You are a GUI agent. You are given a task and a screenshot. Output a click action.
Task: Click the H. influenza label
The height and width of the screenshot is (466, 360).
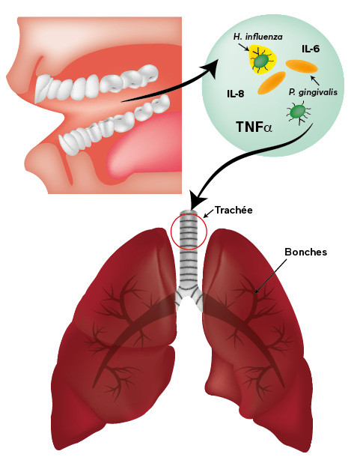coord(257,37)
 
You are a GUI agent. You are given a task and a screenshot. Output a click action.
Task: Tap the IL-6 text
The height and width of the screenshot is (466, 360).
coord(311,49)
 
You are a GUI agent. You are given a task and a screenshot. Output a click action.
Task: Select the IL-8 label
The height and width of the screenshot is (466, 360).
coord(235,94)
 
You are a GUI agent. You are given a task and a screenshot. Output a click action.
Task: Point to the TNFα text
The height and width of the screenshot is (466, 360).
coord(254,127)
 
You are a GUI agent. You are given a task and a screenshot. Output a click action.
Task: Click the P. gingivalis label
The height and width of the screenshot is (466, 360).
coord(313,92)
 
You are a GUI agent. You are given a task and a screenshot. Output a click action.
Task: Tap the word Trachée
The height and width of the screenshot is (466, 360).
coord(234,210)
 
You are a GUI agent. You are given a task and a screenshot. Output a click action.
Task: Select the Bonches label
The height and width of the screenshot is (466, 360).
coord(305,252)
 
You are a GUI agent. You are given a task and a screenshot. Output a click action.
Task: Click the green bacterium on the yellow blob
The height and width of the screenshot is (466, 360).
coord(261,61)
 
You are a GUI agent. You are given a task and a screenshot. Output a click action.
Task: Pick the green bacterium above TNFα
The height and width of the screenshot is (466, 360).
coord(299,112)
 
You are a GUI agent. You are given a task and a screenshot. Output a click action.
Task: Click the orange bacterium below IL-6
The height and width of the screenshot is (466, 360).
coord(302,66)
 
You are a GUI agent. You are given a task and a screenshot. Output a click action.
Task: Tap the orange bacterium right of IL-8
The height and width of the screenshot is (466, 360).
coord(272,83)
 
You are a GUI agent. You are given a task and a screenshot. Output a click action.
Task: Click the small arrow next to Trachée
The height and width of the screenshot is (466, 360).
coord(209,213)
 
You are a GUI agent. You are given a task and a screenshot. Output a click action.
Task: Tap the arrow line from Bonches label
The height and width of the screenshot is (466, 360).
coord(271,276)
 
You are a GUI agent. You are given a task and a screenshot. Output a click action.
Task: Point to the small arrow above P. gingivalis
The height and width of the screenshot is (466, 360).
coord(315,80)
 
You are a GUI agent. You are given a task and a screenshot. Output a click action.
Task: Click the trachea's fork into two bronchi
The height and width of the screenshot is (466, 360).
coord(189,293)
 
